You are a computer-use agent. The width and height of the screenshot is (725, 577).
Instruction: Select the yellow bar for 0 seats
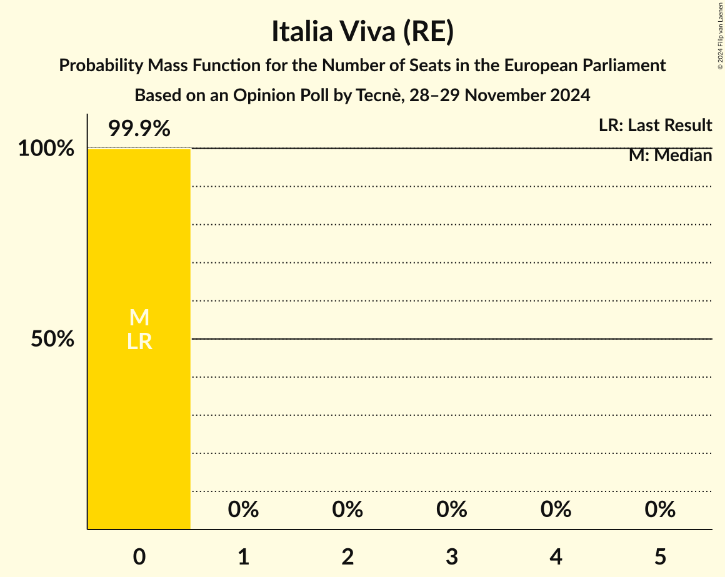[x=139, y=406]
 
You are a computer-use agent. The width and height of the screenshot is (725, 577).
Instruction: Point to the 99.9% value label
[x=139, y=129]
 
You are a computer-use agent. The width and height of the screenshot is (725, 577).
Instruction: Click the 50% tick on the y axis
[x=53, y=340]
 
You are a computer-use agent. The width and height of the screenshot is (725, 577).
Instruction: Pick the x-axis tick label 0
[x=139, y=557]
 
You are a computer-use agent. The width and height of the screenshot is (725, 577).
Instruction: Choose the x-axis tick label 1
[x=244, y=557]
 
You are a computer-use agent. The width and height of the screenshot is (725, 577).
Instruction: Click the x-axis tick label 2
[x=348, y=557]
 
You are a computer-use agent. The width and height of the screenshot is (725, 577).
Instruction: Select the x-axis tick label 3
[x=452, y=557]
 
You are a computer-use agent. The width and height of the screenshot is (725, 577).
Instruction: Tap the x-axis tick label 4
[x=556, y=557]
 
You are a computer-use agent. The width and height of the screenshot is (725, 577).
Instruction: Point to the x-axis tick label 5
[x=661, y=557]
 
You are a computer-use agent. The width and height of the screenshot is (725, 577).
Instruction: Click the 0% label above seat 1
[x=244, y=510]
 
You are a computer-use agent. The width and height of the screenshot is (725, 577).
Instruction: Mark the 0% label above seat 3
[x=452, y=510]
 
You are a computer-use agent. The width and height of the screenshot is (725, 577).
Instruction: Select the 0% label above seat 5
[x=661, y=510]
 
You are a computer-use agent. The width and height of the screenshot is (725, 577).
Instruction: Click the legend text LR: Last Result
[x=655, y=126]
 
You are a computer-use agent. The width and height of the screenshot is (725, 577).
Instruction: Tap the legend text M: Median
[x=670, y=155]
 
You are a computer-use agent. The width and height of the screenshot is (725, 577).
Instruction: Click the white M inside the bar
[x=139, y=318]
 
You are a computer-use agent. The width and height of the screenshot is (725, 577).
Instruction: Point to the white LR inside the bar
[x=139, y=342]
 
